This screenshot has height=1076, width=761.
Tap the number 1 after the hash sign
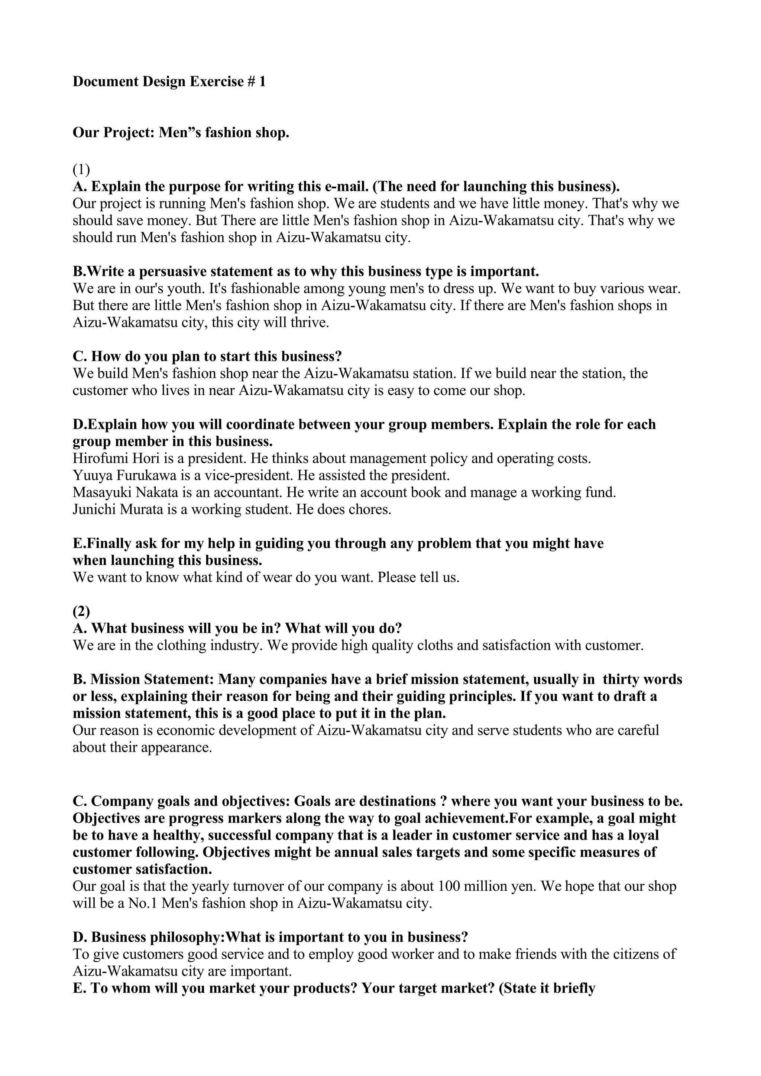click(262, 82)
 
